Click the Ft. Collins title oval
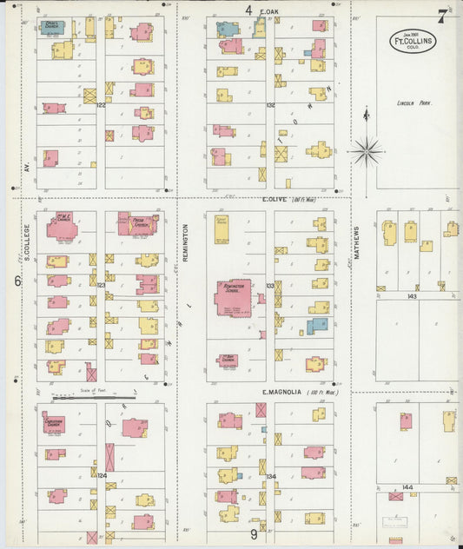pos(413,40)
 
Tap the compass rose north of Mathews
pos(367,150)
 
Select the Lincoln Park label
pos(413,103)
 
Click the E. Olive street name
pos(275,199)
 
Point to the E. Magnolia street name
pos(281,393)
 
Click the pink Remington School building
pos(233,297)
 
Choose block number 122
pos(101,105)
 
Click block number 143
pos(412,296)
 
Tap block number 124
pos(101,475)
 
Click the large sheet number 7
pos(442,15)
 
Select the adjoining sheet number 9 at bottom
pos(254,534)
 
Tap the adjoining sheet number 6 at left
pos(17,281)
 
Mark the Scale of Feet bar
pos(76,398)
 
